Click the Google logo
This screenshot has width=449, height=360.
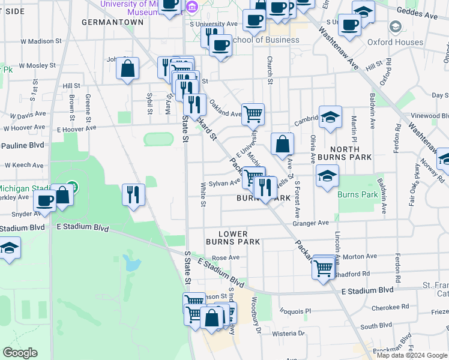click(x=19, y=353)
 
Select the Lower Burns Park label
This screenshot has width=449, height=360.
click(x=232, y=238)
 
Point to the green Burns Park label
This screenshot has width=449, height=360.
click(x=358, y=195)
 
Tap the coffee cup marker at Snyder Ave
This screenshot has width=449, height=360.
click(x=45, y=200)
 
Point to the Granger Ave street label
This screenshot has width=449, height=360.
click(x=310, y=223)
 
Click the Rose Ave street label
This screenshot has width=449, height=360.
click(x=226, y=257)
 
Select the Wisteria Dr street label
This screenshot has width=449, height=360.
click(x=289, y=333)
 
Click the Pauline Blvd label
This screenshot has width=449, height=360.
click(x=23, y=145)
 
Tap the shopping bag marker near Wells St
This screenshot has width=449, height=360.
click(x=282, y=144)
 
